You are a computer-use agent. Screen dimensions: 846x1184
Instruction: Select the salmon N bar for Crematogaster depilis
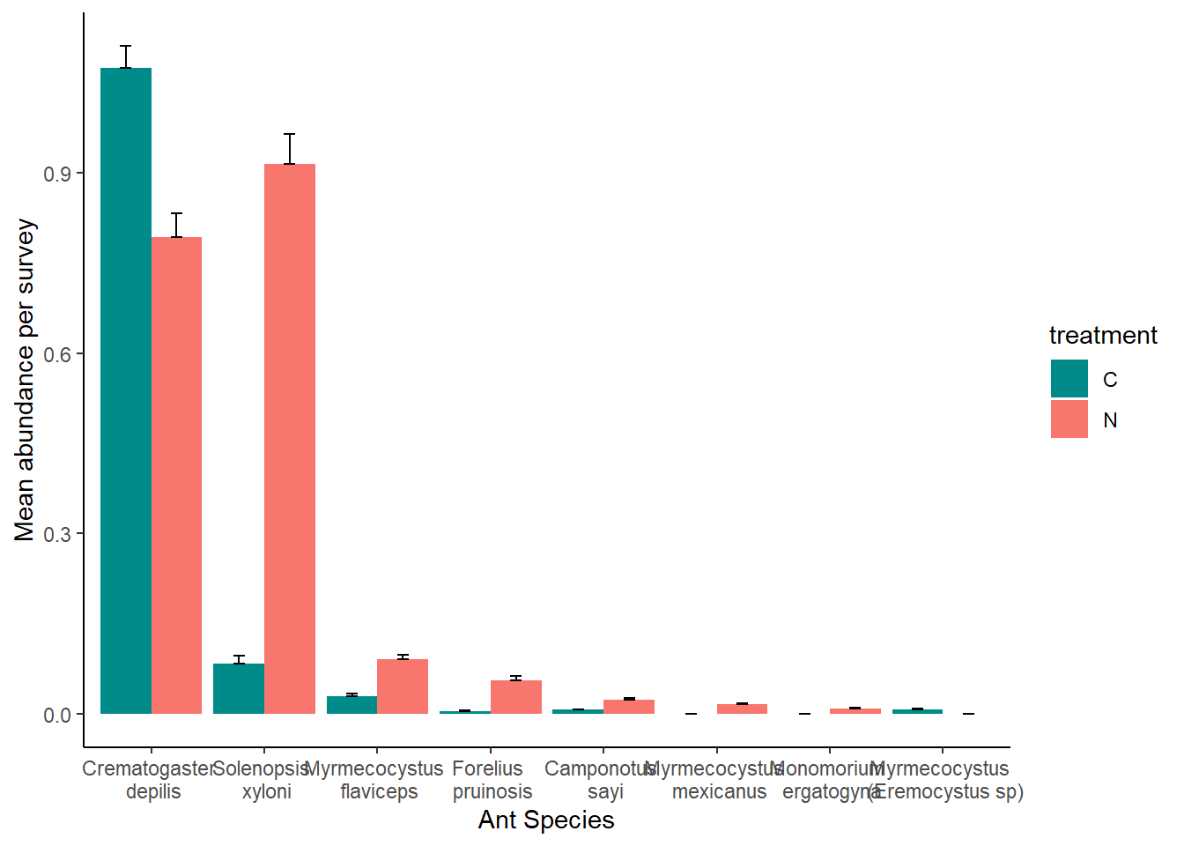point(176,475)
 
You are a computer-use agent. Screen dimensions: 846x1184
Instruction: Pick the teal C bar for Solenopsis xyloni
point(239,689)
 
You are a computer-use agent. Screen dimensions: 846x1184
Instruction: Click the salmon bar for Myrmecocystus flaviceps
point(403,686)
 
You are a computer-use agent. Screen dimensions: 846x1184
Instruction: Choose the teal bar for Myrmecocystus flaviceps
point(351,705)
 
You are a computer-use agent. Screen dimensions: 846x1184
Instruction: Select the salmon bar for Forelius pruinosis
point(516,697)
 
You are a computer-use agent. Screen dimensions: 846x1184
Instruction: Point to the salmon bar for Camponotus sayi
point(629,707)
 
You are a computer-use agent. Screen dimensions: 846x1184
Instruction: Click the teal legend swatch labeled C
point(1069,379)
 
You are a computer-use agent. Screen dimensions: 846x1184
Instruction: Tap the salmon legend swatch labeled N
point(1069,419)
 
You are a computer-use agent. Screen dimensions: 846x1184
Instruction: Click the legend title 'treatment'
point(1102,336)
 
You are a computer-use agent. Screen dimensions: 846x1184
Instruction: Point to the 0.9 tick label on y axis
point(57,174)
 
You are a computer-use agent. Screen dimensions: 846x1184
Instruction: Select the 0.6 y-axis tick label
point(57,354)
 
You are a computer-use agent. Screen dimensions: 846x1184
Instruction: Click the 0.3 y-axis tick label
point(57,534)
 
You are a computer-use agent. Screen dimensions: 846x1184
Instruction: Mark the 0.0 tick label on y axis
point(57,715)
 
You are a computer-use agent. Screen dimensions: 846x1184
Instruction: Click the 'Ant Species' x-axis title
point(546,820)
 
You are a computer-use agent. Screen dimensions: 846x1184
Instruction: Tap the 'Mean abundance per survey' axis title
point(25,380)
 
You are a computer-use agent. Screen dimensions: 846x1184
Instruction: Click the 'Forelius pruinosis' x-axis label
point(491,780)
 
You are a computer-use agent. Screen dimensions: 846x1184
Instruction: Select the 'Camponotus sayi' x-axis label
point(603,780)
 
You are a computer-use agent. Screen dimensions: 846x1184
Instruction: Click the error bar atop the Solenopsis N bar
point(290,148)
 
